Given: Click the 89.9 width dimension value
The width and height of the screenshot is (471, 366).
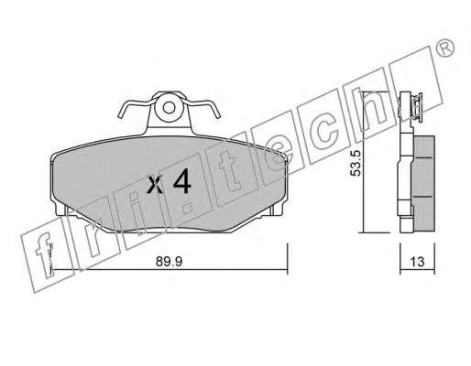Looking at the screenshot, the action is click(x=169, y=262).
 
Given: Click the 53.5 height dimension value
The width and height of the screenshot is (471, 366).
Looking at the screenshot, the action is click(x=356, y=163).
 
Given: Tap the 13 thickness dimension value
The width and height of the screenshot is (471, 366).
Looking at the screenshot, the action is click(x=417, y=262).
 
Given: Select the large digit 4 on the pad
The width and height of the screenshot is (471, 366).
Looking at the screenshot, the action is click(x=182, y=181).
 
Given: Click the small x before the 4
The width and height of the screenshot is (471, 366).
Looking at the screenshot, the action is click(x=155, y=184).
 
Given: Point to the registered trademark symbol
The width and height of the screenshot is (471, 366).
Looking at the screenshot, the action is click(x=446, y=48).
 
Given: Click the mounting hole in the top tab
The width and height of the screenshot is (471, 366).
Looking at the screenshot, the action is click(x=169, y=107).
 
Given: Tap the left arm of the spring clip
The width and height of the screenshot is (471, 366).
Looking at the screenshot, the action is click(x=135, y=107).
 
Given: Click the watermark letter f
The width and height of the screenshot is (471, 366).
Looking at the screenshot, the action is click(x=44, y=254).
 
